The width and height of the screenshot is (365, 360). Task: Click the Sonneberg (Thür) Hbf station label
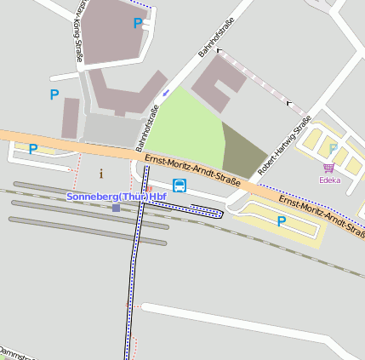click(x=116, y=197)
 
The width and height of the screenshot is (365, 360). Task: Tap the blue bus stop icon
click(x=180, y=185)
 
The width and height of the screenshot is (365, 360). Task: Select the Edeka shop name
click(x=329, y=180)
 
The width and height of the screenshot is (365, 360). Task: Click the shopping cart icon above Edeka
click(x=329, y=169)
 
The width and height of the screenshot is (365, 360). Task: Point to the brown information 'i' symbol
click(x=101, y=174)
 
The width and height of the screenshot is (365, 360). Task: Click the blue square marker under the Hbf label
click(x=116, y=208)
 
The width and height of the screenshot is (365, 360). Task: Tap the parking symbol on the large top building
click(x=137, y=24)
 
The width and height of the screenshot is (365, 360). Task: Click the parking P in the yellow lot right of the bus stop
click(x=281, y=221)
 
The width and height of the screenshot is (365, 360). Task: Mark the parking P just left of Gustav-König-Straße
click(x=54, y=94)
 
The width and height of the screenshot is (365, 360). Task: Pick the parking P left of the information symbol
click(x=33, y=150)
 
